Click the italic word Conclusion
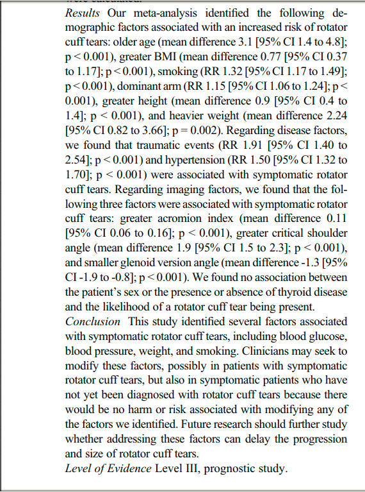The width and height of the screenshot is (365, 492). [92, 321]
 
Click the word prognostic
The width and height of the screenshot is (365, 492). [241, 468]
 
